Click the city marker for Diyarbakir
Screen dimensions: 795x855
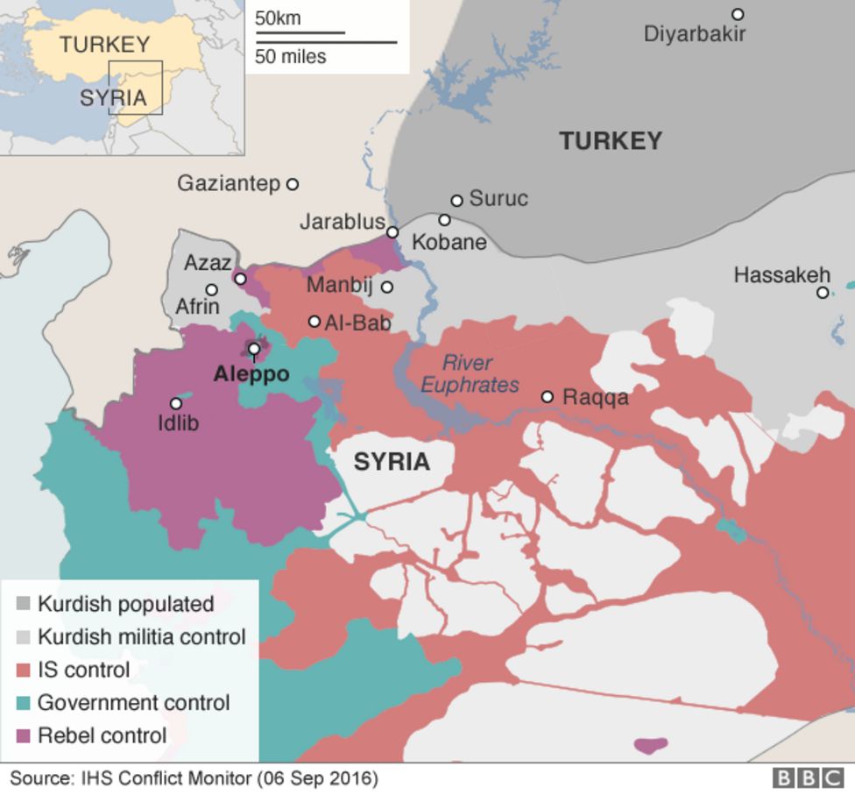coord(738,14)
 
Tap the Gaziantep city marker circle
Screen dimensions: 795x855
coord(293,184)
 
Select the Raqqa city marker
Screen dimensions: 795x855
coord(548,397)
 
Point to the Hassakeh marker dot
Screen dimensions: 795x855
coord(823,293)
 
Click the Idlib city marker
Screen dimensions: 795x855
coord(176,403)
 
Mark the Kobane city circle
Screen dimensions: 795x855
coord(444,220)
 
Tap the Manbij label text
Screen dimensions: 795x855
coord(340,286)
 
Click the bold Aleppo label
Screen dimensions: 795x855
coord(251,374)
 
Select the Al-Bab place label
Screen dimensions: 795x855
coord(357,323)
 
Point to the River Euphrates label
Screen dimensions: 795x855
coord(469,373)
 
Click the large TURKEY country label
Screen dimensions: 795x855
coord(611,140)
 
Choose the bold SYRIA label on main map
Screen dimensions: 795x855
coord(392,462)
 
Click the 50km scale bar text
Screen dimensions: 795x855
coord(277,18)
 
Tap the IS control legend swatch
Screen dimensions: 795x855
coord(24,671)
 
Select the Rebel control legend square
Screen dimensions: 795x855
coord(24,735)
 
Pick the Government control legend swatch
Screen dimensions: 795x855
coord(24,703)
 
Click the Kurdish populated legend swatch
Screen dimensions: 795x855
coord(24,604)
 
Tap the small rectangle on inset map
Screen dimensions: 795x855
coord(136,88)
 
